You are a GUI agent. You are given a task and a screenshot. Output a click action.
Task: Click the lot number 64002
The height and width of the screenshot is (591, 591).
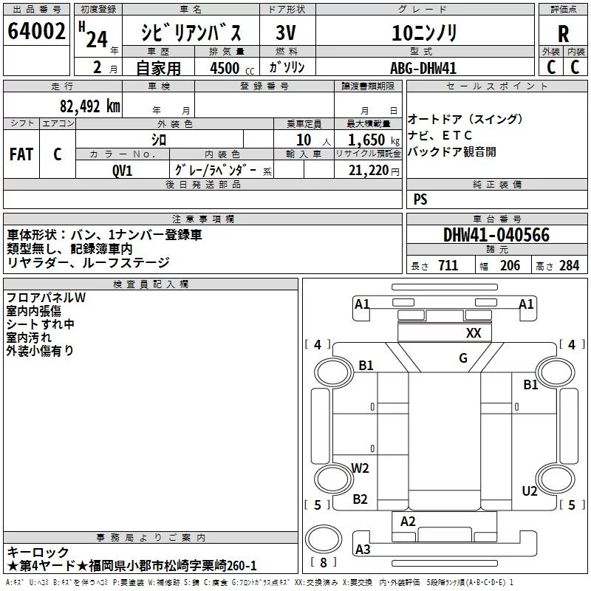(x=37, y=33)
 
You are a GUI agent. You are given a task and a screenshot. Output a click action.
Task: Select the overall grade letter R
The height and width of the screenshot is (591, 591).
(x=563, y=35)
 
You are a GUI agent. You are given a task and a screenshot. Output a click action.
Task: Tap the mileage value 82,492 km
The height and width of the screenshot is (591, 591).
(x=89, y=106)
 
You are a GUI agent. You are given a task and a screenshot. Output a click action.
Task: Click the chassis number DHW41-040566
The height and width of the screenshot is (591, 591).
(x=496, y=235)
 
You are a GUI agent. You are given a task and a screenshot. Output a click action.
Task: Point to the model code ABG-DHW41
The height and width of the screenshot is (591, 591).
(x=420, y=68)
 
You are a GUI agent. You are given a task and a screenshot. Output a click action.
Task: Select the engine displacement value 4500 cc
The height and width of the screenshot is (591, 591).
(x=227, y=68)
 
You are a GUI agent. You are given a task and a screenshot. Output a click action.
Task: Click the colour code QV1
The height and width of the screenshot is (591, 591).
(x=123, y=169)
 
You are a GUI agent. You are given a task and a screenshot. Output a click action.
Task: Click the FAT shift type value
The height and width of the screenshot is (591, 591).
(x=21, y=154)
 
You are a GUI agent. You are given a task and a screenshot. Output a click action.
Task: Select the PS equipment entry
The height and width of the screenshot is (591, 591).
(x=420, y=199)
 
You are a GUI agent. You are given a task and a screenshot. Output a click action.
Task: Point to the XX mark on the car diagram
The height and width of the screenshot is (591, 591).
(x=474, y=333)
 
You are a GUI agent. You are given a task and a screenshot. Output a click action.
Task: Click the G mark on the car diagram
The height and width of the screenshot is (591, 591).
(x=463, y=359)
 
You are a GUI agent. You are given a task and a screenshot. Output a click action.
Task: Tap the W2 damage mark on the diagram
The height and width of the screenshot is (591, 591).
(x=360, y=468)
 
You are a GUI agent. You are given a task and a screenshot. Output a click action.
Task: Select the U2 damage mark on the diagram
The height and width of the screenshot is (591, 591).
(x=530, y=491)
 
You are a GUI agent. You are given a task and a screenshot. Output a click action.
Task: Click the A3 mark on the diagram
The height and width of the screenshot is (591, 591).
(x=363, y=549)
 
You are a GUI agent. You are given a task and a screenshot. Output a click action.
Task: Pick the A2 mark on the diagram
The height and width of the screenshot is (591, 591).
(x=408, y=522)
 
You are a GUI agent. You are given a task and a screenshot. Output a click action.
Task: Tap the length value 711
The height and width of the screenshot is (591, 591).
(x=448, y=266)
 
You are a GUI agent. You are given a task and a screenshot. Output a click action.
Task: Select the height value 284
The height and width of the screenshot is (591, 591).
(x=569, y=266)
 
